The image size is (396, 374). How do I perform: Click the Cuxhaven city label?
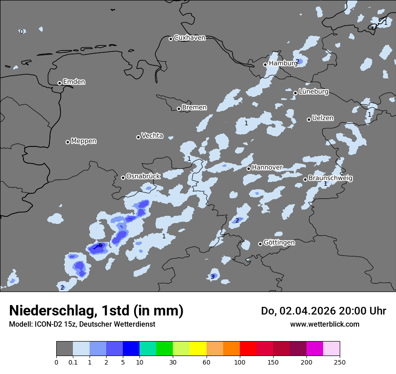point(189,38)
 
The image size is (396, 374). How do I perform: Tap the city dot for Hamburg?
point(265,64)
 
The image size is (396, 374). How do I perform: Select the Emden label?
point(74,82)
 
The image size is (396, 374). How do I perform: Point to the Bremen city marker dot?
point(179,109)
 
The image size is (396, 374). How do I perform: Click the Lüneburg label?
point(314,91)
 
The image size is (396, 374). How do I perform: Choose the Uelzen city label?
point(323,118)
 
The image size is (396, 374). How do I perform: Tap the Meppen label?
point(84,141)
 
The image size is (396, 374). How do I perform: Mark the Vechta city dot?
point(138,137)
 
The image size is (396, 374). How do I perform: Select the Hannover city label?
point(267,167)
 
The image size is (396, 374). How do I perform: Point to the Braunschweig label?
point(330,178)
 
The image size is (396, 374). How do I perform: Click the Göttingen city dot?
point(260,244)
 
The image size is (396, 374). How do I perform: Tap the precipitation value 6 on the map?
point(100,245)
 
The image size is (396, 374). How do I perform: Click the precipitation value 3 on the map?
point(212,277)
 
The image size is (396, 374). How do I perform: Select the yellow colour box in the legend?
point(198,349)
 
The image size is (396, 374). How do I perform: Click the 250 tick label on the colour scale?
point(340,361)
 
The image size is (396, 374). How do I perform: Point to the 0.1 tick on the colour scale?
point(72,361)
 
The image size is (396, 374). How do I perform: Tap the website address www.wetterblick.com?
point(324,324)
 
